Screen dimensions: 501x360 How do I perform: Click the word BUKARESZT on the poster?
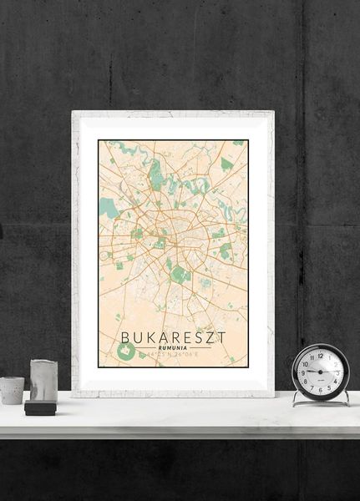(173, 337)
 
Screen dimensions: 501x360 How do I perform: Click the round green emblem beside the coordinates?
(125, 353)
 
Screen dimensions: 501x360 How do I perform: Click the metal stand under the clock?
(321, 400)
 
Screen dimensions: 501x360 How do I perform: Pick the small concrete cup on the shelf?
(12, 390)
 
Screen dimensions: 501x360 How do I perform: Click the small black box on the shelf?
(40, 407)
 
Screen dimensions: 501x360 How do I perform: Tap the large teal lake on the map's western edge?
(108, 207)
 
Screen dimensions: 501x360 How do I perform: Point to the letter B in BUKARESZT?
(125, 337)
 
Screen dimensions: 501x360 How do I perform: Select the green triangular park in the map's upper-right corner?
(226, 164)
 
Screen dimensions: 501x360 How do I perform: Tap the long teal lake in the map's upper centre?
(155, 172)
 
